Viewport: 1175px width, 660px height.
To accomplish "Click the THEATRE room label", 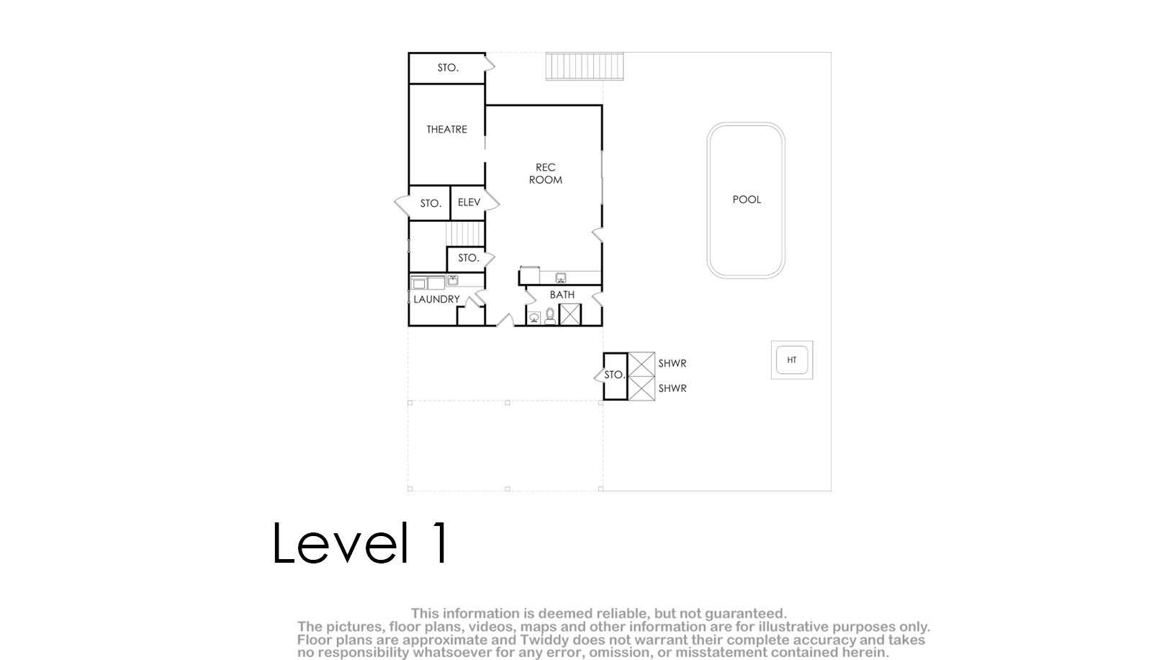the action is click(446, 129).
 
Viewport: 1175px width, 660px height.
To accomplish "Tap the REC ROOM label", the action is click(546, 173).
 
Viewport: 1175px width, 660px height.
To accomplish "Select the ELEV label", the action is click(469, 202).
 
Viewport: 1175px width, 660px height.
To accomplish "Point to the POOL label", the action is click(747, 200).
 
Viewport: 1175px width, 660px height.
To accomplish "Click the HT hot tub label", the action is click(791, 360).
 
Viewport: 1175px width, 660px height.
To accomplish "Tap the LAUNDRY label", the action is click(436, 299).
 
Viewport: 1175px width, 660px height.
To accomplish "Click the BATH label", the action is click(562, 295).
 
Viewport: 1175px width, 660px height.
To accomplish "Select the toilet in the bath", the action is click(550, 316).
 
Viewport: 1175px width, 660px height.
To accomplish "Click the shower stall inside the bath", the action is click(570, 314).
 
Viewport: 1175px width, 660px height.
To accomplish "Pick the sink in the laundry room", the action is click(453, 280).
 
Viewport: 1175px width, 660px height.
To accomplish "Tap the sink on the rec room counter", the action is click(561, 277).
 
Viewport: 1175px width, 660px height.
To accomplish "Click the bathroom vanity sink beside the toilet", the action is click(534, 318).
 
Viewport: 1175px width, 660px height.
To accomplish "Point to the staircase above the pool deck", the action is click(585, 66).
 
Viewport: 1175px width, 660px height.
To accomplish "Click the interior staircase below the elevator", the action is click(465, 233).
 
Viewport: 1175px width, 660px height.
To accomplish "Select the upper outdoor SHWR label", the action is click(672, 363).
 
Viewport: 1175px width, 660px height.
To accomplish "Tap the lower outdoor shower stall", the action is click(641, 388).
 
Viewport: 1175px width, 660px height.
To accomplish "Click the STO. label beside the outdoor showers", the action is click(614, 375).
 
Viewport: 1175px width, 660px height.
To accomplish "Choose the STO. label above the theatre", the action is click(448, 68).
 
